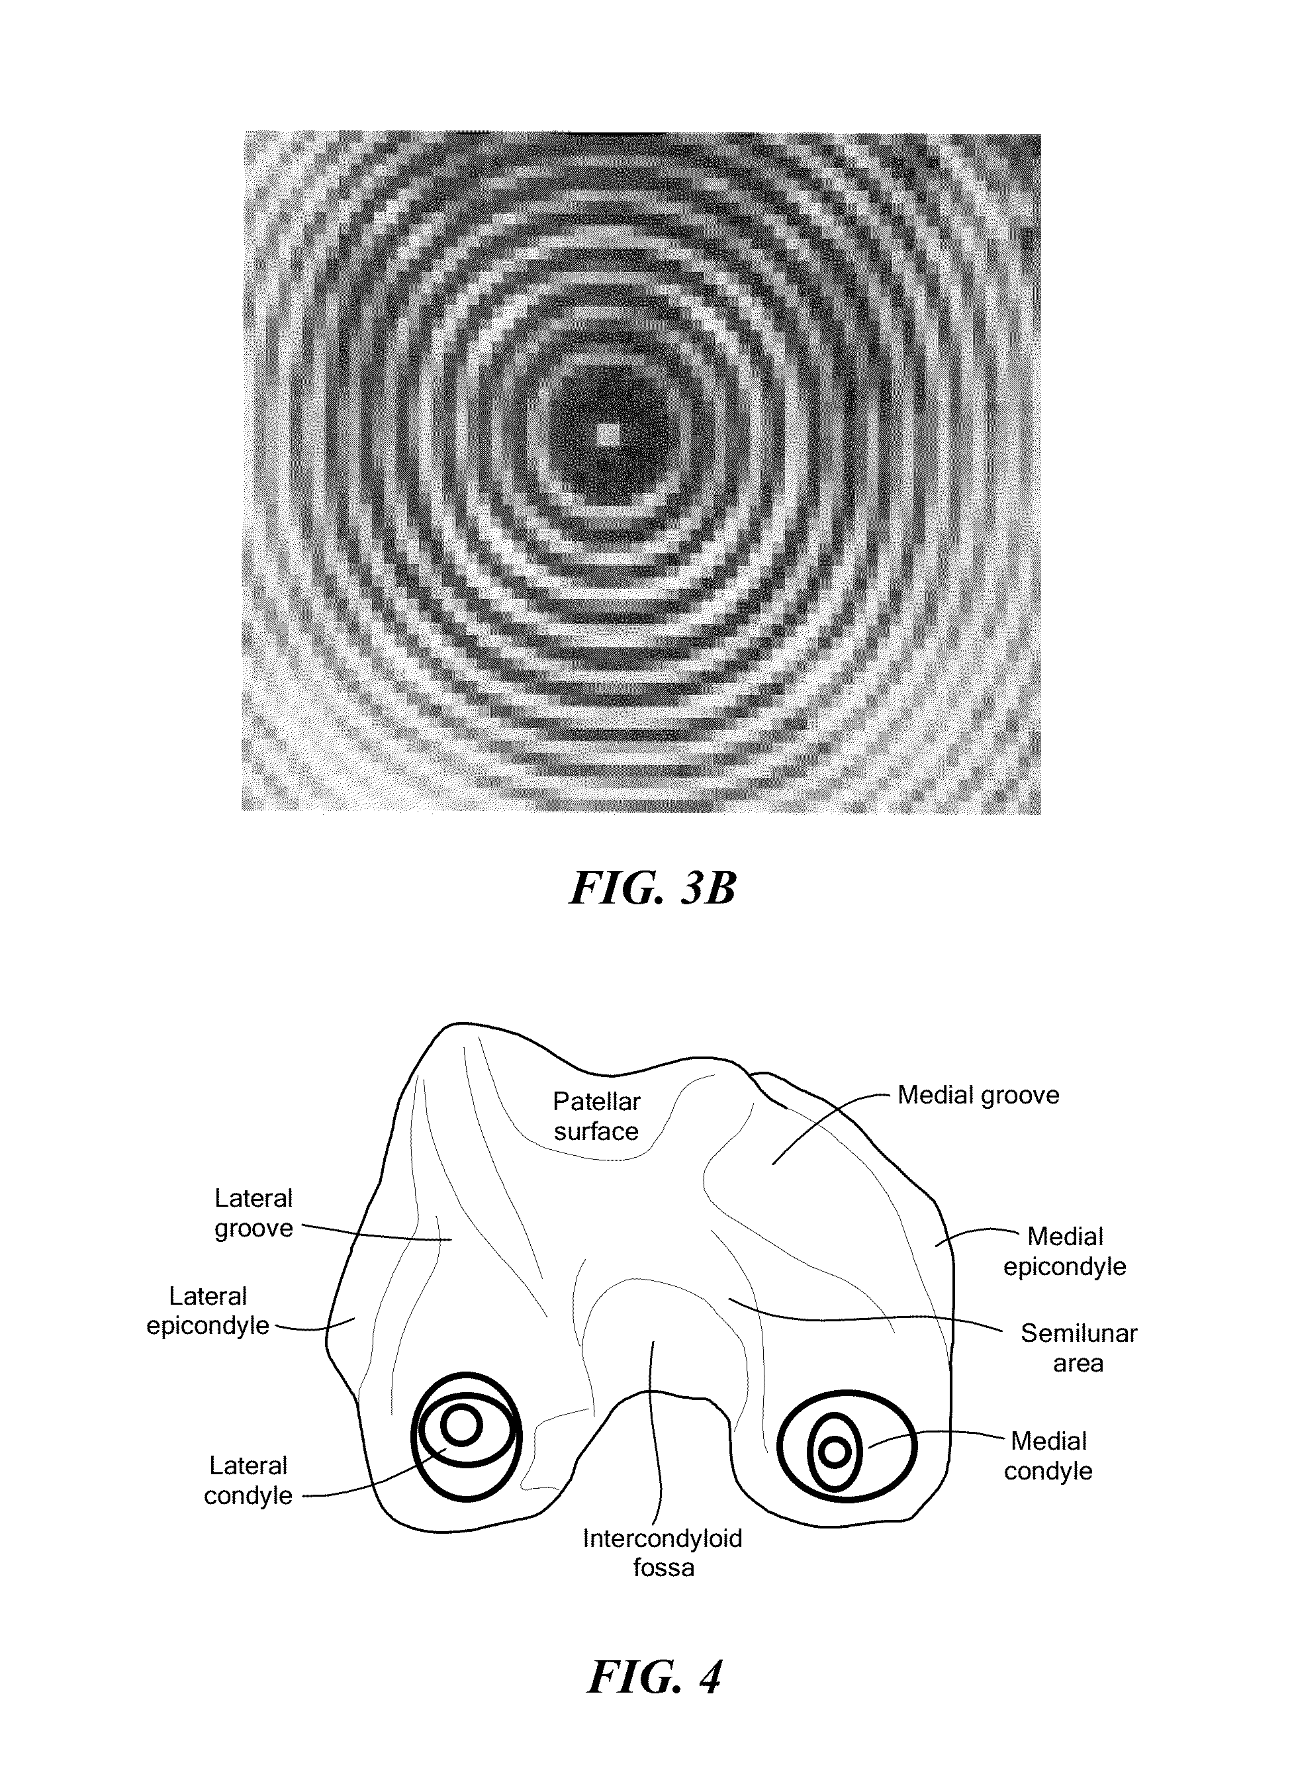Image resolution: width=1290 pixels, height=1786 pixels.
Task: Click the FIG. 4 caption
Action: (654, 1677)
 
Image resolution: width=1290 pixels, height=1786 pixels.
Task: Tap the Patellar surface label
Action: (596, 1116)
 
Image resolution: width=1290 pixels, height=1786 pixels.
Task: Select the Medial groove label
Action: (978, 1096)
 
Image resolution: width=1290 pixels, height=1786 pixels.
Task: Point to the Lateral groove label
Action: (253, 1213)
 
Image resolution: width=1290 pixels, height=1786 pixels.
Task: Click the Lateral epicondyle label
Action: (208, 1310)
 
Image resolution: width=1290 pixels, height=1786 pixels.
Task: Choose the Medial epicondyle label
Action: (1065, 1251)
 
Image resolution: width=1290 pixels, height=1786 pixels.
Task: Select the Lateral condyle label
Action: (248, 1480)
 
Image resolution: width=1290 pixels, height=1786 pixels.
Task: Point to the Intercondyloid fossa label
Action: (663, 1552)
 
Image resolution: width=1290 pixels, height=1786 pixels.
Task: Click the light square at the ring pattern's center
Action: (607, 435)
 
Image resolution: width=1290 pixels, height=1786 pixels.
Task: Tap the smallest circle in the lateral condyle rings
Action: (461, 1425)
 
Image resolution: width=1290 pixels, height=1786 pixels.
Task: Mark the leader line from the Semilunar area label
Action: (866, 1317)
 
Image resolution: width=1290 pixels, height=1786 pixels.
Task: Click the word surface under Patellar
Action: (596, 1131)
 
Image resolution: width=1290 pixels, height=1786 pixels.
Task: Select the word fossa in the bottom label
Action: (663, 1567)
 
